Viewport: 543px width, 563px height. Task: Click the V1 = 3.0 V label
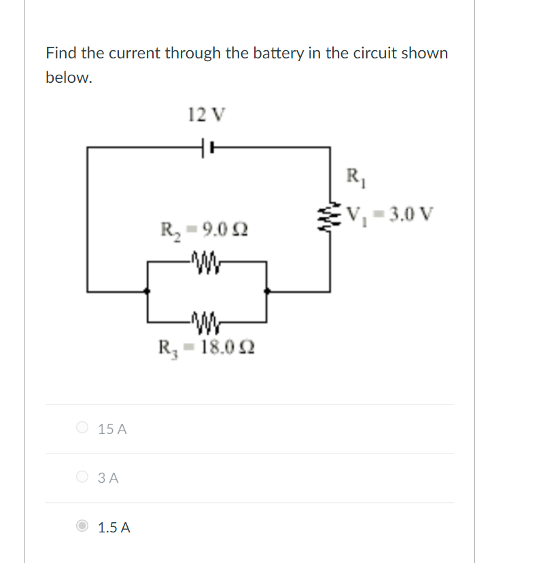click(389, 215)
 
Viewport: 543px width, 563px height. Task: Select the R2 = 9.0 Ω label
click(203, 229)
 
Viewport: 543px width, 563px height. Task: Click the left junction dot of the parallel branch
click(148, 291)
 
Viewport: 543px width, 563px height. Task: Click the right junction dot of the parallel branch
click(266, 291)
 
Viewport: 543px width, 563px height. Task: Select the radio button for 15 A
click(82, 429)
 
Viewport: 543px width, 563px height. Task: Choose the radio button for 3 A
click(82, 477)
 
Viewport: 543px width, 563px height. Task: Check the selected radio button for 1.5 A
click(82, 526)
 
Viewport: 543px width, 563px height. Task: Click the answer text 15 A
click(112, 429)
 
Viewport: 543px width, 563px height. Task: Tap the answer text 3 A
click(108, 478)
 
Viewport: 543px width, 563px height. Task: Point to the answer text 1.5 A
click(114, 527)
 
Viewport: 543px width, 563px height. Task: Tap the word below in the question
click(68, 77)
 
